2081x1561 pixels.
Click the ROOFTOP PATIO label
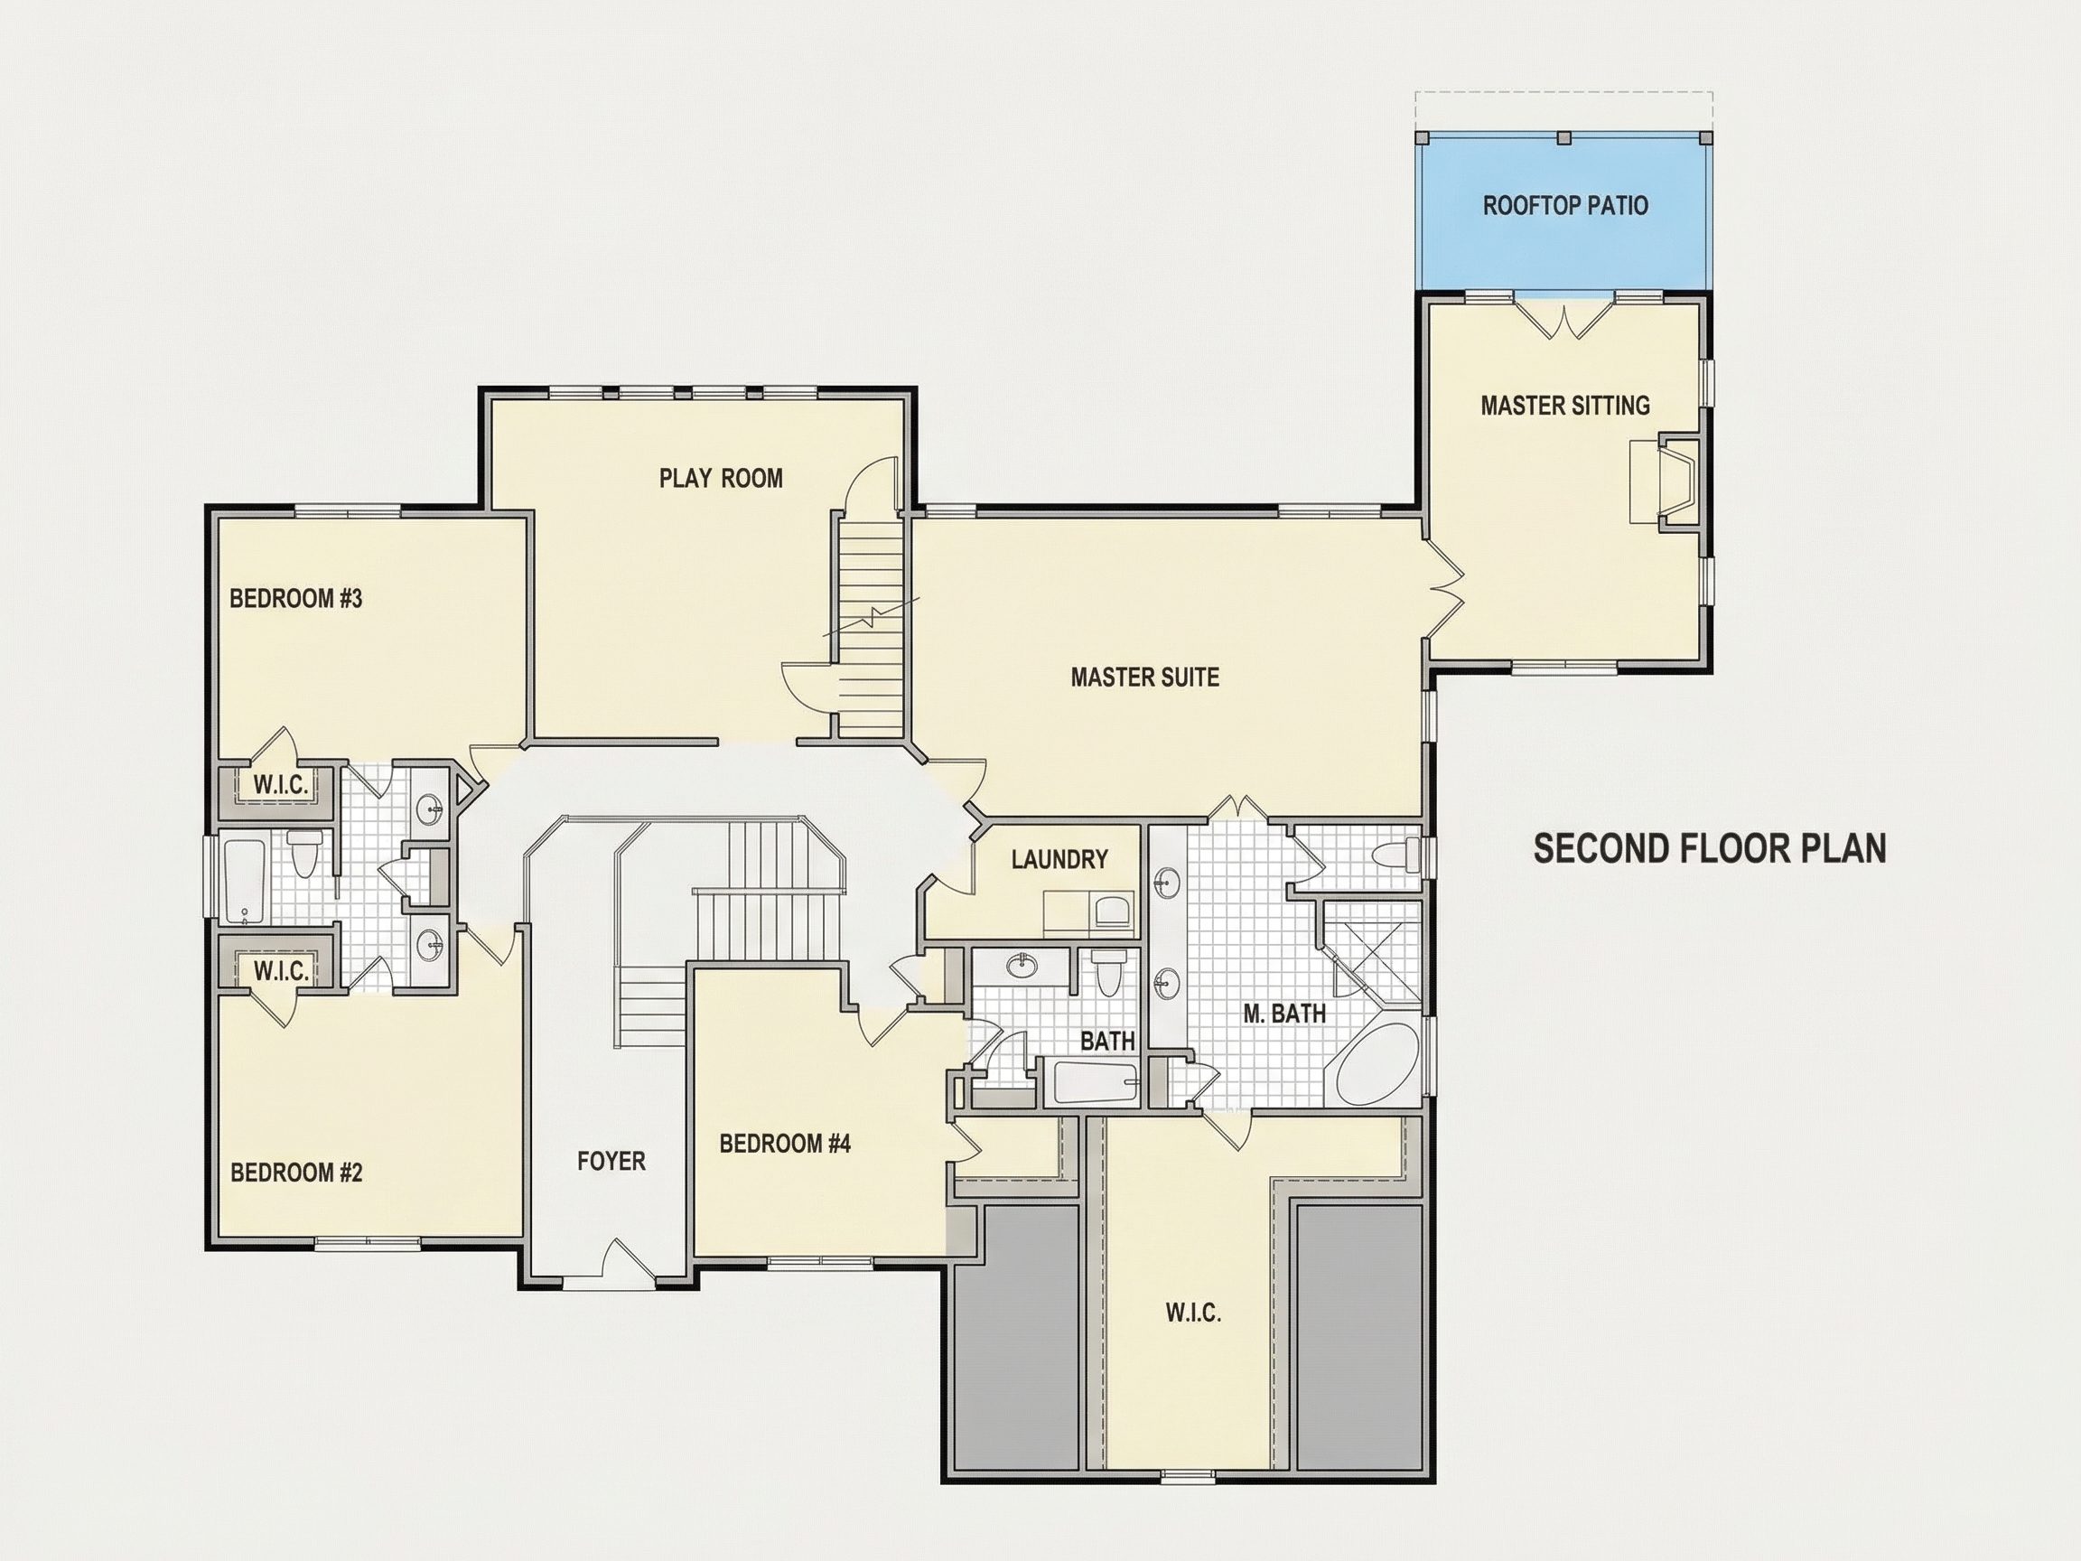tap(1565, 205)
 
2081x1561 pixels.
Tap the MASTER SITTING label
tap(1565, 406)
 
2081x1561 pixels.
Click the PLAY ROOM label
tap(721, 478)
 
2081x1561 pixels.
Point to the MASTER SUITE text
tap(1145, 677)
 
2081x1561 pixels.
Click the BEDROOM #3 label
tap(295, 598)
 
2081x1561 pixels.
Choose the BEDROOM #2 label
tap(296, 1173)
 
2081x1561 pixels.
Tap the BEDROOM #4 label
tap(785, 1144)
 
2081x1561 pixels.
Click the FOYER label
tap(611, 1161)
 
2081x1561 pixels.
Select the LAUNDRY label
tap(1059, 859)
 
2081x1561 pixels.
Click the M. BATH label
tap(1284, 1014)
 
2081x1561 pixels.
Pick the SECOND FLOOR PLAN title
tap(1711, 849)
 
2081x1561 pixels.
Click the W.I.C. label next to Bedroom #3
tap(280, 785)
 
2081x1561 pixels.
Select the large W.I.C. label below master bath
tap(1194, 1313)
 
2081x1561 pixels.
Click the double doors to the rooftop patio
tap(1563, 317)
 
